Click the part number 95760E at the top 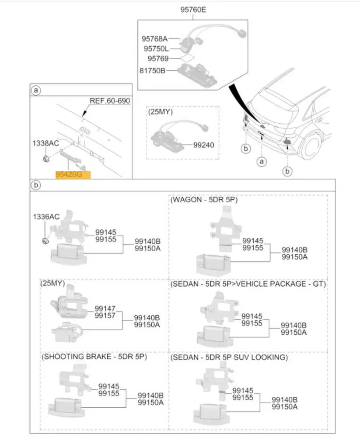click(x=192, y=9)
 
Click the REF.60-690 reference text click(x=110, y=101)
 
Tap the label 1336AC click(x=46, y=217)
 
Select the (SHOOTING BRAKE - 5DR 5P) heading click(x=94, y=357)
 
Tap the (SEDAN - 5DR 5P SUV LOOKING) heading click(x=229, y=357)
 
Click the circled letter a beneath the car click(x=261, y=162)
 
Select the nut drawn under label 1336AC click(x=45, y=240)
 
